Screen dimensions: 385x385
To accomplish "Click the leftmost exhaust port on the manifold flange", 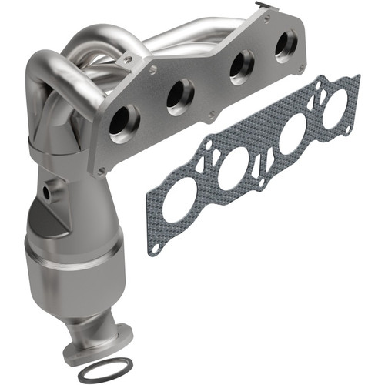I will (x=123, y=123).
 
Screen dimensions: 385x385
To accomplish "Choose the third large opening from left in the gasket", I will (x=293, y=139).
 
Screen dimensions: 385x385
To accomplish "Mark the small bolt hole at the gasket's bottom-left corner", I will (x=156, y=247).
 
